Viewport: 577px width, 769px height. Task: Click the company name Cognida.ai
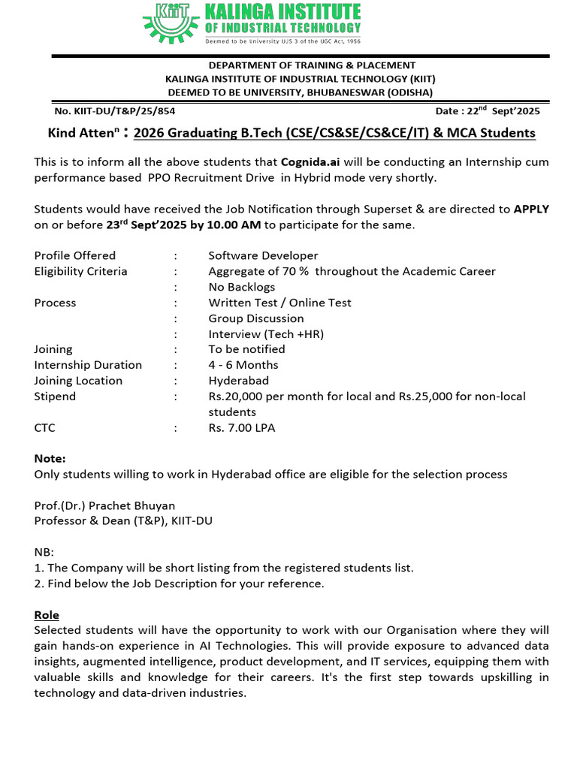[x=311, y=162]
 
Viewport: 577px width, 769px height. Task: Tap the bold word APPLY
[x=531, y=209]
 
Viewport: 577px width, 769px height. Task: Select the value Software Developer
[x=263, y=256]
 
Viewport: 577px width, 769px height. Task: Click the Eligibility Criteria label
[x=80, y=271]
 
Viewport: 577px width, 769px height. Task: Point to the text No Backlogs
[x=241, y=287]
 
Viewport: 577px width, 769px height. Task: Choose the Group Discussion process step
[x=256, y=318]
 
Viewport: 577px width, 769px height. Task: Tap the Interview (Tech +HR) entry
[x=266, y=334]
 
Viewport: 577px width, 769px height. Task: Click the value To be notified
[x=246, y=349]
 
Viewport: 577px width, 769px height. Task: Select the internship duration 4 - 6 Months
[x=243, y=365]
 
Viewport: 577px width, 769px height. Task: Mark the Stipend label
[x=55, y=397]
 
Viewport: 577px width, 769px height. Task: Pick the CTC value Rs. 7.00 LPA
[x=242, y=428]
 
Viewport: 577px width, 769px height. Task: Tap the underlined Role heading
[x=47, y=615]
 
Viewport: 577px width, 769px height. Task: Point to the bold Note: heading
[x=50, y=459]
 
